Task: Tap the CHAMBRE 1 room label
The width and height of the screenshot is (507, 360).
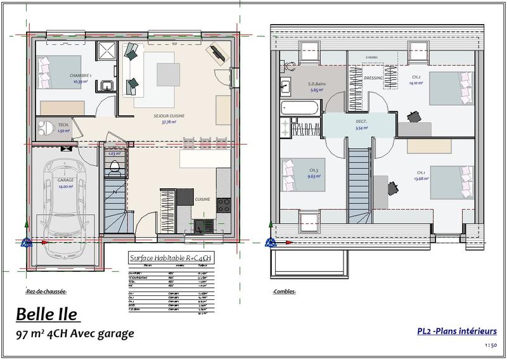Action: [80, 75]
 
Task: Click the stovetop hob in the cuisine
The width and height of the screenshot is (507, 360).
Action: [224, 205]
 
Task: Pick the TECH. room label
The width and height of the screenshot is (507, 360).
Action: [63, 125]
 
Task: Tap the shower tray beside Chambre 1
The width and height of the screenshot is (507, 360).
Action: [105, 51]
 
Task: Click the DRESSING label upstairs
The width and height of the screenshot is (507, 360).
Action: [373, 78]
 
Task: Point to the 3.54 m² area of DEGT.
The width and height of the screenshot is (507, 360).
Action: [361, 127]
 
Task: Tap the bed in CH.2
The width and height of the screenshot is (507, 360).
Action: [451, 88]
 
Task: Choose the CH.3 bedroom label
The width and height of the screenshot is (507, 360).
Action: [313, 170]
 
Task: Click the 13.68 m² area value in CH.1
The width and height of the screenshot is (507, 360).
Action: [421, 179]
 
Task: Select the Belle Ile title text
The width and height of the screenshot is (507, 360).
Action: [46, 314]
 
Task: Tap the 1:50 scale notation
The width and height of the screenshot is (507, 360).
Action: [490, 345]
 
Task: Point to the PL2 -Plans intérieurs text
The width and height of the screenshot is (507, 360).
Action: [456, 331]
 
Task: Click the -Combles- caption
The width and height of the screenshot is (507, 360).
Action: [283, 292]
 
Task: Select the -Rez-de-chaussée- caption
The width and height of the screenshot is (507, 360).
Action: [46, 292]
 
